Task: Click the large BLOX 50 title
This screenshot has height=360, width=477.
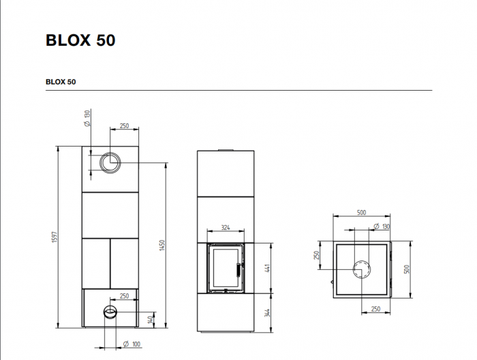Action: (80, 40)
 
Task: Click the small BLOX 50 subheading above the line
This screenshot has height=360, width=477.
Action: (61, 82)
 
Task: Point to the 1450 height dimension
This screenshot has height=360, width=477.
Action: (162, 244)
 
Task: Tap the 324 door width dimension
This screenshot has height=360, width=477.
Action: (226, 227)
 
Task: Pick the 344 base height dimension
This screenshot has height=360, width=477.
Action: (268, 314)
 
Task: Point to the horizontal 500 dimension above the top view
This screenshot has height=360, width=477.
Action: (361, 213)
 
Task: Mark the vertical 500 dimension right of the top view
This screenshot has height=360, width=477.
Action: (407, 269)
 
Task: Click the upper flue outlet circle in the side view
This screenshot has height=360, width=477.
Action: (110, 162)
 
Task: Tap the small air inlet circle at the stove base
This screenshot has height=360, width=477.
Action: (110, 312)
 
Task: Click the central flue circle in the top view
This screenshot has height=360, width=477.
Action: (362, 270)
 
